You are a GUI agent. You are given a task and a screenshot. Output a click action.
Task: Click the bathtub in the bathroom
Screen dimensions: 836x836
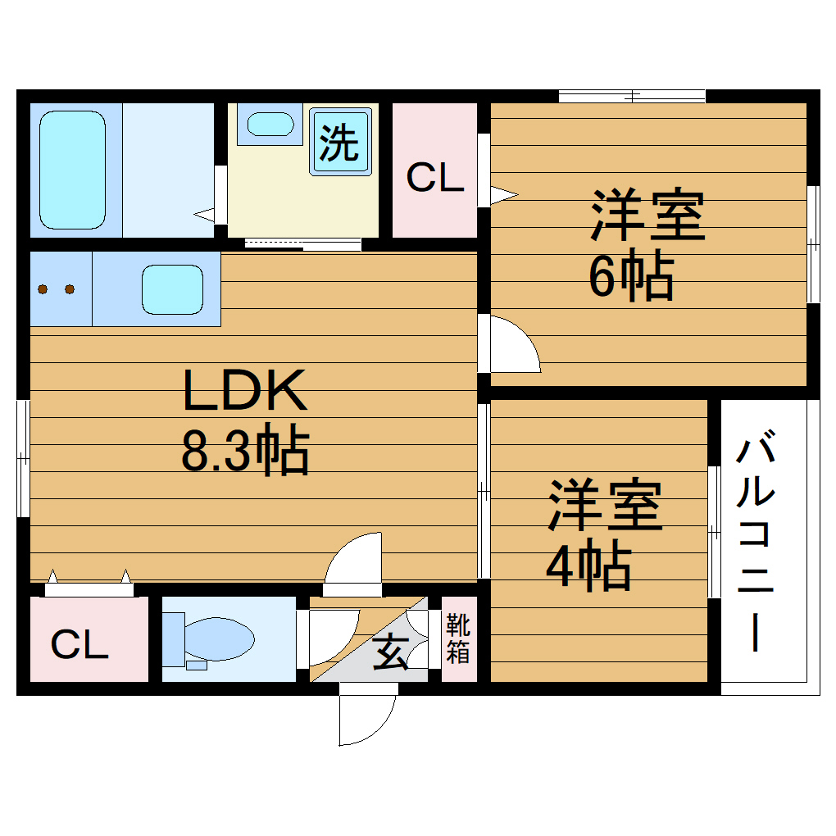tap(73, 170)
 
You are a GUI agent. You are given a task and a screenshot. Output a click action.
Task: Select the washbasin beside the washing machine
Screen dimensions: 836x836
tap(270, 125)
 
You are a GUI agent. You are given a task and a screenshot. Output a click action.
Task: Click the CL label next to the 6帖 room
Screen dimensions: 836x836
tap(435, 177)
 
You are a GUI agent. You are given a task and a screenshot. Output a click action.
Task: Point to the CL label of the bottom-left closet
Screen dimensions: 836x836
tap(80, 645)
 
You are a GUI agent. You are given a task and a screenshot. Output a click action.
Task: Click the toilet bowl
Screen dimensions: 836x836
tap(217, 638)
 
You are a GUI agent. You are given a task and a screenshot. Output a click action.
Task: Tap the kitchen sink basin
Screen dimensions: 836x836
tap(172, 289)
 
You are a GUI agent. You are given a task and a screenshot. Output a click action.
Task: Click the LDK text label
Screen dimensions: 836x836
tap(244, 390)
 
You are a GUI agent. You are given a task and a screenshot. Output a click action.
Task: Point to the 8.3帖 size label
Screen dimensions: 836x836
tap(244, 451)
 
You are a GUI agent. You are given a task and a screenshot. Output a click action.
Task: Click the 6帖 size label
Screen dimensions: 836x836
tap(629, 276)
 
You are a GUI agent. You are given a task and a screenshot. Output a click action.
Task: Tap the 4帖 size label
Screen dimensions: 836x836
tap(588, 567)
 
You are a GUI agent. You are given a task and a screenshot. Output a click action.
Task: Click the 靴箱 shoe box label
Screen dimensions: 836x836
tap(457, 639)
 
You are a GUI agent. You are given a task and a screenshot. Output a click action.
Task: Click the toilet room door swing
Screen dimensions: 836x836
tap(329, 635)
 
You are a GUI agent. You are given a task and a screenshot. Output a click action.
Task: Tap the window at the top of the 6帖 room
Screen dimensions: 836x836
tap(631, 96)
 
